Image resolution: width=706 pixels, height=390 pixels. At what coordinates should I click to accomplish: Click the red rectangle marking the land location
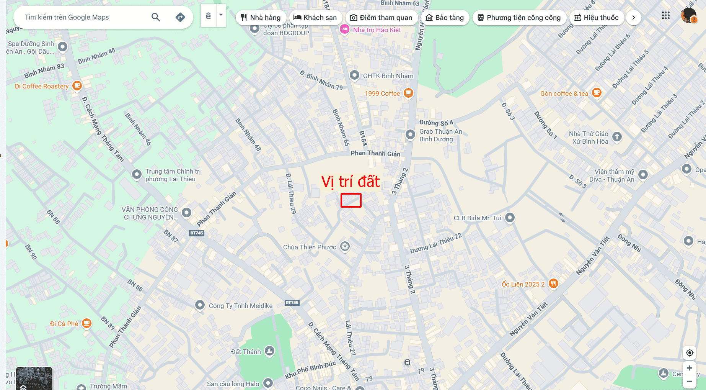pyautogui.click(x=351, y=200)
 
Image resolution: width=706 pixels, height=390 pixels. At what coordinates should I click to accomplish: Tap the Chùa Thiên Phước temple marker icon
pyautogui.click(x=345, y=246)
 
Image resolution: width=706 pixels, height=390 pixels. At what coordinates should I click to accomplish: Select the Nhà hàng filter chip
pyautogui.click(x=261, y=18)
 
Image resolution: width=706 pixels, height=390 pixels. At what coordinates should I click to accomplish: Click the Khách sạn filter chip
pyautogui.click(x=315, y=18)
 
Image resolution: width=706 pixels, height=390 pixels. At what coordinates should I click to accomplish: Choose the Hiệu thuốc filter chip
pyautogui.click(x=597, y=18)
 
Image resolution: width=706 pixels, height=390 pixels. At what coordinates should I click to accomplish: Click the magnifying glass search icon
pyautogui.click(x=156, y=17)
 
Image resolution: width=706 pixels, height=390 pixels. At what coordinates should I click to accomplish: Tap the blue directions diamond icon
pyautogui.click(x=180, y=17)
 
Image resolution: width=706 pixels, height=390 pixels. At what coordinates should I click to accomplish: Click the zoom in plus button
pyautogui.click(x=689, y=368)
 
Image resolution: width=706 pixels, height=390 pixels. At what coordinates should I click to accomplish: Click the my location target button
pyautogui.click(x=690, y=352)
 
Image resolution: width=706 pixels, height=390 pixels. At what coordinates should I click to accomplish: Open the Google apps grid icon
pyautogui.click(x=666, y=15)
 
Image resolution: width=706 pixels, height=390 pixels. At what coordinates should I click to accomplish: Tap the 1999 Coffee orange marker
pyautogui.click(x=409, y=93)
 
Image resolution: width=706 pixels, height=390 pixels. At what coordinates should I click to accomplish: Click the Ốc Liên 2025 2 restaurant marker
pyautogui.click(x=553, y=283)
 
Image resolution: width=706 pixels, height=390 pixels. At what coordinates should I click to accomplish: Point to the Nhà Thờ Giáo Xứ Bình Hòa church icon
pyautogui.click(x=616, y=137)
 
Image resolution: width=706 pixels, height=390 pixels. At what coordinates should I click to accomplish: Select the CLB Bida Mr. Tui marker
pyautogui.click(x=510, y=218)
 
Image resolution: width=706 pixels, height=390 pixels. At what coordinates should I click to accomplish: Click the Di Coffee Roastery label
pyautogui.click(x=42, y=86)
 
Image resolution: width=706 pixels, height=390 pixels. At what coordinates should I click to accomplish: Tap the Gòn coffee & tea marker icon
pyautogui.click(x=597, y=93)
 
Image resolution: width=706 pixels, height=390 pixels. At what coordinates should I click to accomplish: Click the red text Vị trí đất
pyautogui.click(x=350, y=182)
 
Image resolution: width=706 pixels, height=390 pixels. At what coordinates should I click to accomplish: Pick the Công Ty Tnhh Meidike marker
pyautogui.click(x=200, y=305)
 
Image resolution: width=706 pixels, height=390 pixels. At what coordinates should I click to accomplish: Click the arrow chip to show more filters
pyautogui.click(x=634, y=18)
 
